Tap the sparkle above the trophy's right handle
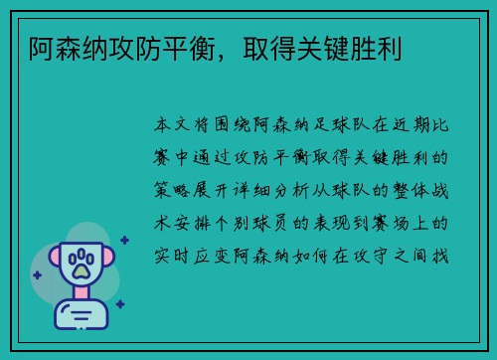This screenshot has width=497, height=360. [124, 239]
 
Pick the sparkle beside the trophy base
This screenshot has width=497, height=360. [120, 303]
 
